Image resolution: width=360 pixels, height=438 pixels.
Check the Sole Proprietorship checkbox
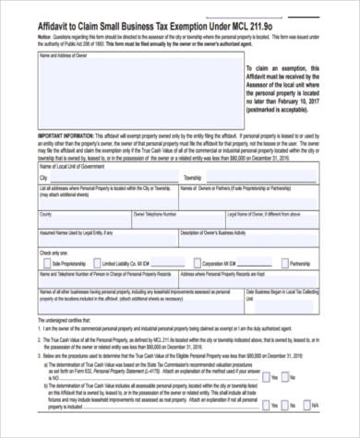(44, 262)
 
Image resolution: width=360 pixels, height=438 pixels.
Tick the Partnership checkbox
(283, 262)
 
